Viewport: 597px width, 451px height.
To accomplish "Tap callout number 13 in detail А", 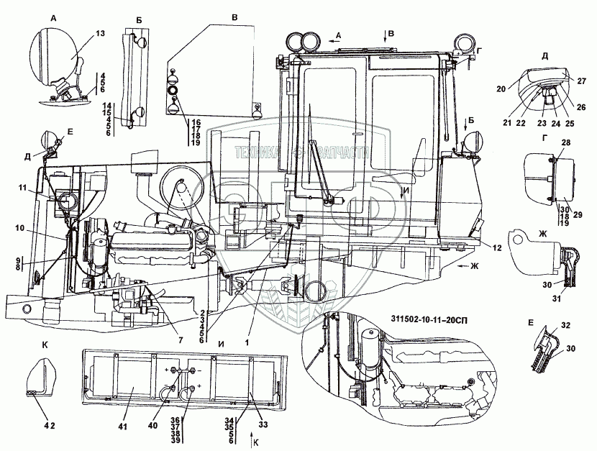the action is [x=99, y=35].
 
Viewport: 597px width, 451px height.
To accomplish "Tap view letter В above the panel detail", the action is [x=234, y=15].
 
